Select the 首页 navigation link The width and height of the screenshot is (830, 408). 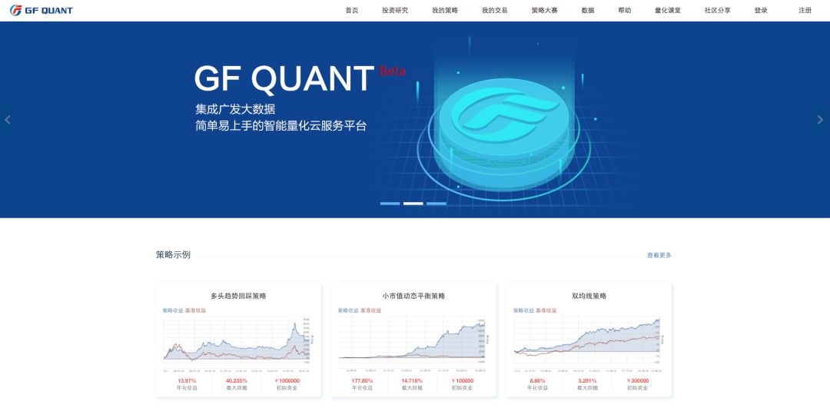(x=352, y=11)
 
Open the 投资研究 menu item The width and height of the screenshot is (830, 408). (x=395, y=11)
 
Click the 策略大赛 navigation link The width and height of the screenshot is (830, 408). (x=544, y=11)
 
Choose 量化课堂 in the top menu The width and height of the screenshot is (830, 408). (x=667, y=11)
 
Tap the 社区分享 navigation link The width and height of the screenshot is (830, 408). (x=717, y=11)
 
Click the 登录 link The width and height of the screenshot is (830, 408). (x=761, y=11)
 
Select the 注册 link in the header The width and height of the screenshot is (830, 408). (x=805, y=11)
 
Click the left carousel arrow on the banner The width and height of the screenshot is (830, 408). (x=8, y=120)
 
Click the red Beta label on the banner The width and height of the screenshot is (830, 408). (x=392, y=71)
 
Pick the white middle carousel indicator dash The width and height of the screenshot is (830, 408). (x=413, y=204)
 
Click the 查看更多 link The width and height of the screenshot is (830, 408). (x=659, y=255)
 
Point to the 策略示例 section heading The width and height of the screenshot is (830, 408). (x=173, y=254)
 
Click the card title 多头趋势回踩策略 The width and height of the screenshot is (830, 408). (x=238, y=296)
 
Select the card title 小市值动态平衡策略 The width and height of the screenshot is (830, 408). (x=413, y=296)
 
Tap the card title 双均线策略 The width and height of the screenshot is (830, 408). (x=589, y=296)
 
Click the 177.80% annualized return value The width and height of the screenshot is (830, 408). (x=362, y=380)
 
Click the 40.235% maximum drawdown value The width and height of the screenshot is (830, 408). (x=237, y=380)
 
